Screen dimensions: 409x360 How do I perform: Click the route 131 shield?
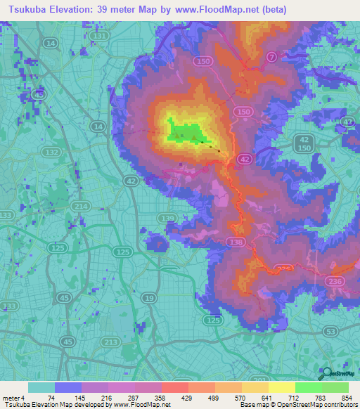[x=101, y=36]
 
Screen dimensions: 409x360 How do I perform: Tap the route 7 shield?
[x=272, y=56]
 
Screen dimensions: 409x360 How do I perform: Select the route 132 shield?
[x=50, y=152]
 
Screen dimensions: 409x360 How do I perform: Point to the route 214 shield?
[x=82, y=205]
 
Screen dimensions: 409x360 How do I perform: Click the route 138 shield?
[x=236, y=242]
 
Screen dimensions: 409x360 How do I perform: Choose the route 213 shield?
[x=110, y=342]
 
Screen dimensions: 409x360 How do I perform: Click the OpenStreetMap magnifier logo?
[x=326, y=373]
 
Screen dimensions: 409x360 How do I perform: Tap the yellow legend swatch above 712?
[x=281, y=387]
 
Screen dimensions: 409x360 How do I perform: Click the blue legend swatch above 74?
[x=68, y=387]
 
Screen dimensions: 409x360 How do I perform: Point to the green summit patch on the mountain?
[x=185, y=131]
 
